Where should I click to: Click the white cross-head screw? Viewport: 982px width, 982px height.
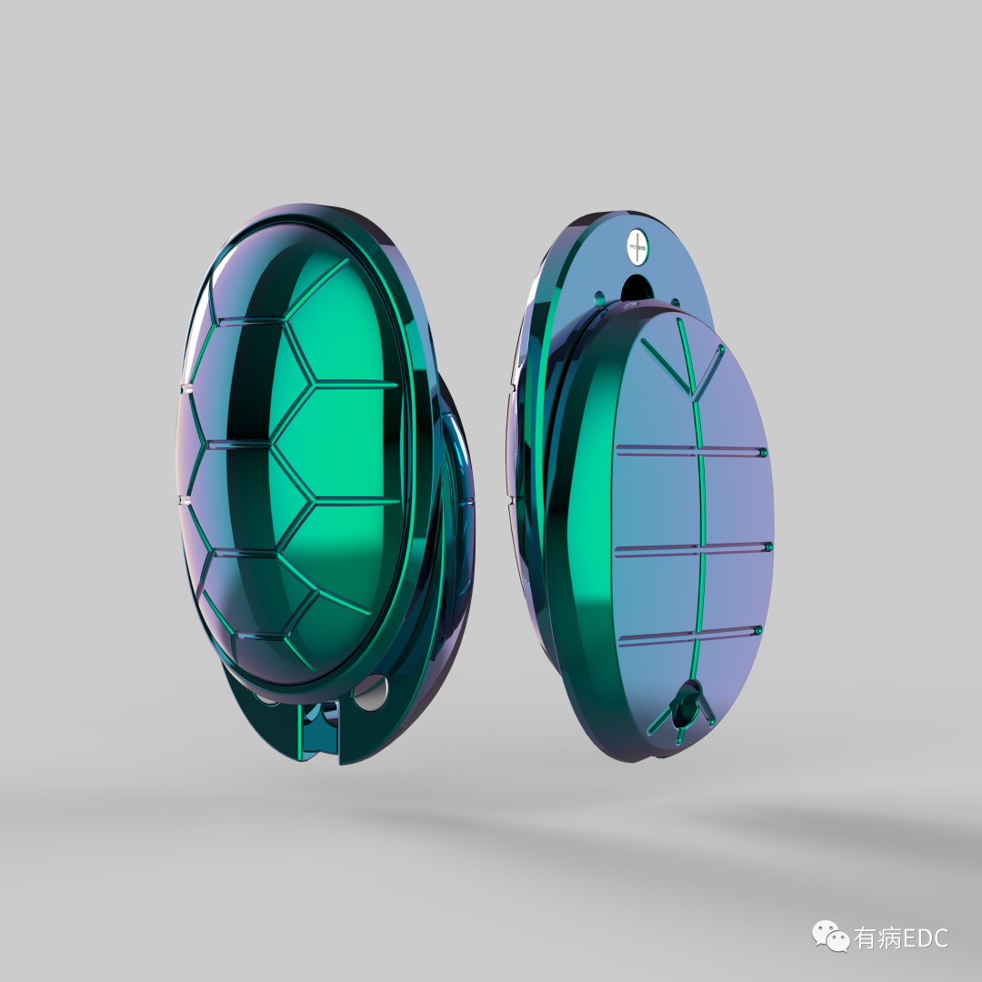point(637,246)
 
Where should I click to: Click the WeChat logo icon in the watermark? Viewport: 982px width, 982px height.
point(830,936)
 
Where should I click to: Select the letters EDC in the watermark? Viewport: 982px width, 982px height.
point(925,937)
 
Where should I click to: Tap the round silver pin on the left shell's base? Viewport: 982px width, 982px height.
point(369,696)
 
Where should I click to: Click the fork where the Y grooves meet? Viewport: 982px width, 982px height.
point(692,396)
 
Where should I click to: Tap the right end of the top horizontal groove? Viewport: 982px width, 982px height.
point(762,452)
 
